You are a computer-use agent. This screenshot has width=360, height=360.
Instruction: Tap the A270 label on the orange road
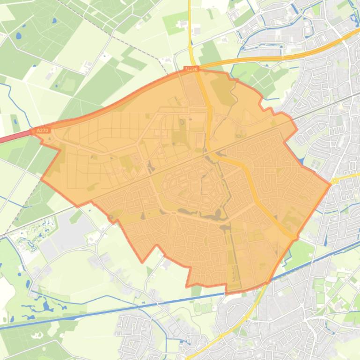pyautogui.click(x=191, y=69)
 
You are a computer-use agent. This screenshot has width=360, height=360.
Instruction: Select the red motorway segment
pyautogui.click(x=14, y=137)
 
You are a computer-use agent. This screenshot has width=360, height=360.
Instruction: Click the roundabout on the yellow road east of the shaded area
pyautogui.click(x=334, y=180)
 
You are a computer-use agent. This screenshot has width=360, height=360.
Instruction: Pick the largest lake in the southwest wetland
pyautogui.click(x=47, y=306)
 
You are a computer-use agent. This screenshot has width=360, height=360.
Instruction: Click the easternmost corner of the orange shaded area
pyautogui.click(x=331, y=184)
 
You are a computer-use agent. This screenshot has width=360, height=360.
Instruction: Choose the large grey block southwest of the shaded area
pyautogui.click(x=70, y=234)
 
